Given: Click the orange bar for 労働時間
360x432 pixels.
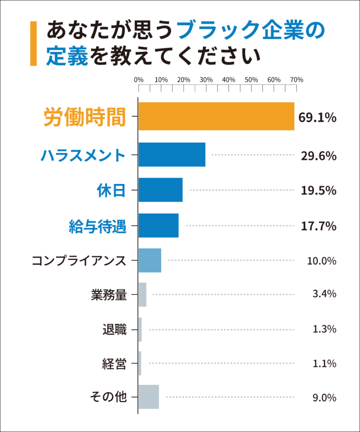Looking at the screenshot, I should (x=216, y=116).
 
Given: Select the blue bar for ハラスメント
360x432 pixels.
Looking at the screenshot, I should (x=172, y=155).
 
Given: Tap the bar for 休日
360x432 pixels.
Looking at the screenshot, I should (x=160, y=190).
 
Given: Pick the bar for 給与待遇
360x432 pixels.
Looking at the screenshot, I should (x=158, y=226).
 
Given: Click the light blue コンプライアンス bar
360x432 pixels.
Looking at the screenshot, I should (x=150, y=260).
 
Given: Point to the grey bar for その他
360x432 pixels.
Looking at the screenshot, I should (x=149, y=397).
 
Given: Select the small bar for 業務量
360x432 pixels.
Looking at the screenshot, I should (x=143, y=294).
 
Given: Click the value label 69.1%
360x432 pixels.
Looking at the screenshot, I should (x=317, y=117).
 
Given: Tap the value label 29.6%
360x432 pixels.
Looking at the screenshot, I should (x=318, y=156).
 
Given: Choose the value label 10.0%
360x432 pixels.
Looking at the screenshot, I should (x=321, y=261).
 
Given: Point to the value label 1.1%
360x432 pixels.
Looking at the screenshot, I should (x=324, y=363).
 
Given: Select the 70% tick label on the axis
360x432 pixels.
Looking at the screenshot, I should (x=297, y=79).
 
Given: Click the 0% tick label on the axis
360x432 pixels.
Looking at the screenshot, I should (x=138, y=79).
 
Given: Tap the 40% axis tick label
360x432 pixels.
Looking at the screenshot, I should (x=228, y=79).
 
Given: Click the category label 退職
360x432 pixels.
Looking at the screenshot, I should (x=114, y=329).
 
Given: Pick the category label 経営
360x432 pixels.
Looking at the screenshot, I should (x=114, y=363).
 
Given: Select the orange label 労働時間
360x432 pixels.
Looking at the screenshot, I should (x=85, y=117).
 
